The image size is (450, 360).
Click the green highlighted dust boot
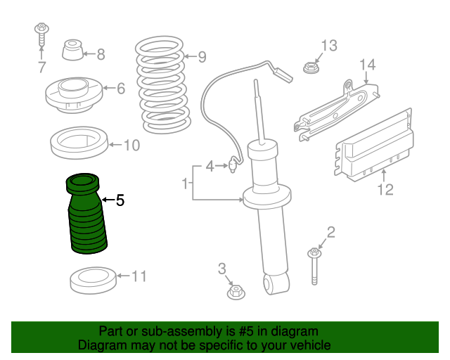click(x=86, y=214)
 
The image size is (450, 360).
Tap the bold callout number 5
click(x=120, y=200)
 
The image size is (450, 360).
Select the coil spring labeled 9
click(x=162, y=84)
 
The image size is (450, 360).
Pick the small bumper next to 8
click(x=72, y=50)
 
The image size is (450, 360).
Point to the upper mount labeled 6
click(x=74, y=95)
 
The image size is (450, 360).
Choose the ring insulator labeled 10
click(x=79, y=143)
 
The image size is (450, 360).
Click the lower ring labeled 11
click(x=94, y=281)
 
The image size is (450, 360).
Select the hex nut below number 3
click(x=236, y=292)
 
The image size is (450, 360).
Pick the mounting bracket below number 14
click(x=336, y=112)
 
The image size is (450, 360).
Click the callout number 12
click(x=385, y=190)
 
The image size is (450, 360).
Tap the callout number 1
click(x=185, y=183)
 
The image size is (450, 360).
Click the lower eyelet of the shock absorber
click(x=276, y=283)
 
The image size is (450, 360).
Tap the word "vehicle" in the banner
click(x=312, y=345)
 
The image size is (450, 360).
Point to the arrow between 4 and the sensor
click(x=221, y=166)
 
